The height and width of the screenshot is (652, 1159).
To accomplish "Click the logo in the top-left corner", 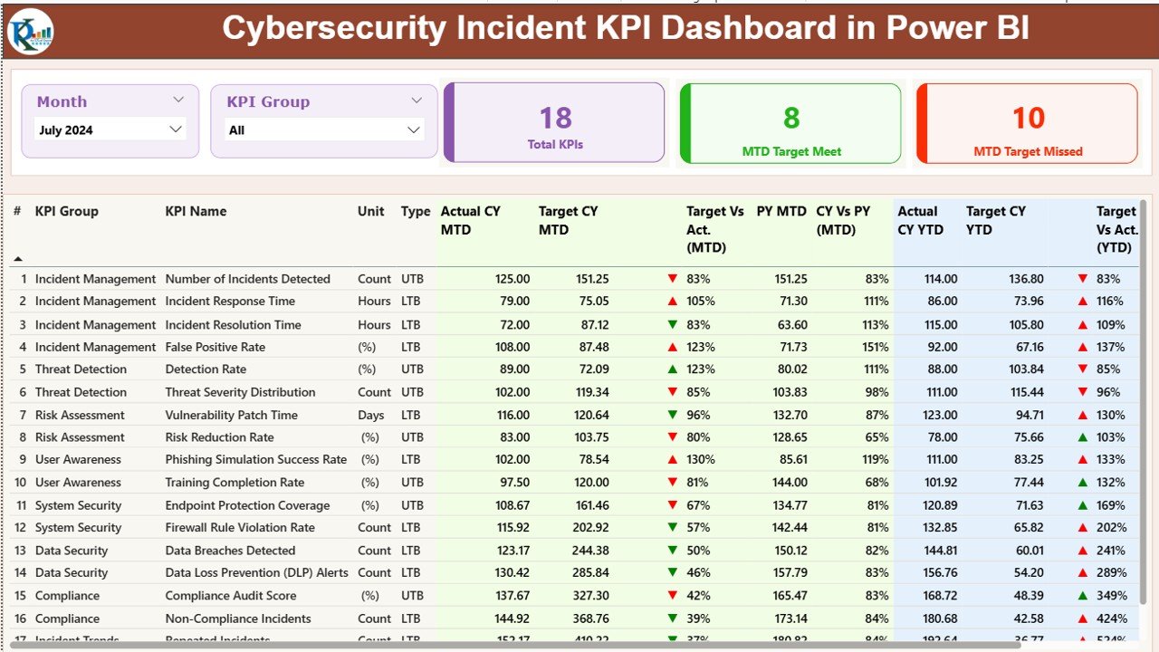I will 30,31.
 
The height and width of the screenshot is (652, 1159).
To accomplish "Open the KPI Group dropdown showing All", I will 324,129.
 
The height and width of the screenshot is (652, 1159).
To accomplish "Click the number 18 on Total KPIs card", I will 555,118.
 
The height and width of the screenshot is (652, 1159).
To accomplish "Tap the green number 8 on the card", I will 791,118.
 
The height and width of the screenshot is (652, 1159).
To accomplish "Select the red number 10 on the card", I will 1028,118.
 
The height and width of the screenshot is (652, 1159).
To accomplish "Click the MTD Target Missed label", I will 1028,151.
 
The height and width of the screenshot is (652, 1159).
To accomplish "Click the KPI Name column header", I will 196,211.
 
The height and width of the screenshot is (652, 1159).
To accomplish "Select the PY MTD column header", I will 781,211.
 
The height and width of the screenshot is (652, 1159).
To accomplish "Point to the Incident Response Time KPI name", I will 230,301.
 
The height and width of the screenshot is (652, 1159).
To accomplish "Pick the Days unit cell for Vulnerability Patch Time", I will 371,415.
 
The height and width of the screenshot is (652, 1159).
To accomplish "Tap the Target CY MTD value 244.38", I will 589,551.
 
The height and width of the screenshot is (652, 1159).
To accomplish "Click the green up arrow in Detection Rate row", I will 672,369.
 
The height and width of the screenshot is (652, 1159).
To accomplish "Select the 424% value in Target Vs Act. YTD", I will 1110,618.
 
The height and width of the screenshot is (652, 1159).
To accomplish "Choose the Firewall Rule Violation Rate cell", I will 240,527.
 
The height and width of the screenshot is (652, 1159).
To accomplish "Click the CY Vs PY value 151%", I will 876,347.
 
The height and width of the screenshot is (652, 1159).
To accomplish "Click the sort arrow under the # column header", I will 18,259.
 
